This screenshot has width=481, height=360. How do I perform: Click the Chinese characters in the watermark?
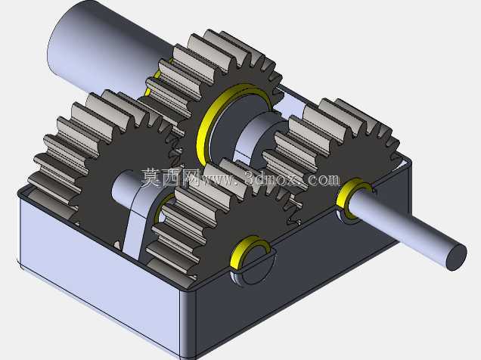[171, 177]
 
